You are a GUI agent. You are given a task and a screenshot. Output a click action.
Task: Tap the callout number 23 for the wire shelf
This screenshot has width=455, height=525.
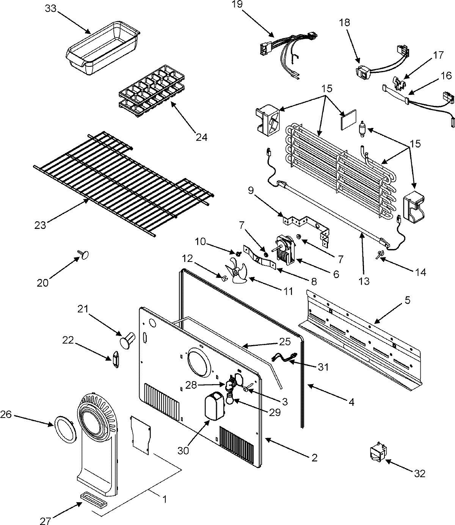[x=40, y=225]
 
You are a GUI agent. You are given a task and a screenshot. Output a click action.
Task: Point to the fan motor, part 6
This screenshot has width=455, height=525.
[x=285, y=249]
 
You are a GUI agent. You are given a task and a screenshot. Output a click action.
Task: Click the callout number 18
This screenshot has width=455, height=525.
[x=345, y=22]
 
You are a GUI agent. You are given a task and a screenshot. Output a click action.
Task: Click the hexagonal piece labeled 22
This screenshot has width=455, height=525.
[x=116, y=360]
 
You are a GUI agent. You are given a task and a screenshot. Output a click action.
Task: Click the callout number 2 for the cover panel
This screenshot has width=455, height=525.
[x=314, y=458]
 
